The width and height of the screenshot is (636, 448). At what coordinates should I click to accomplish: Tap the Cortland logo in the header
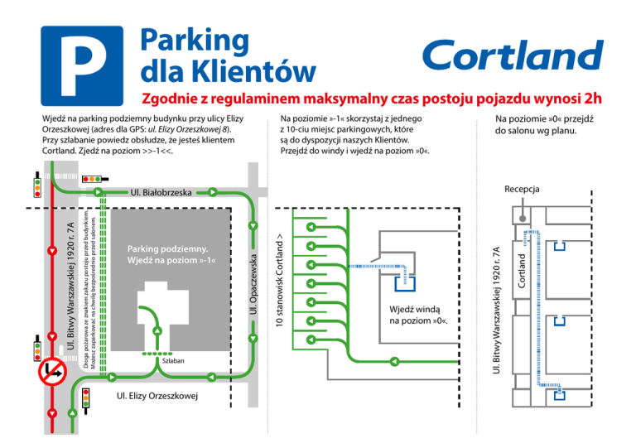tap(513, 56)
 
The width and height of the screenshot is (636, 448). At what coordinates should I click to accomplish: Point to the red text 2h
tap(590, 99)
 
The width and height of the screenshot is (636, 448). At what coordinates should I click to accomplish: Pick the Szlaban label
tap(172, 363)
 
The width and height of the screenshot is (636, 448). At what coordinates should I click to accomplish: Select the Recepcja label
tap(522, 190)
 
